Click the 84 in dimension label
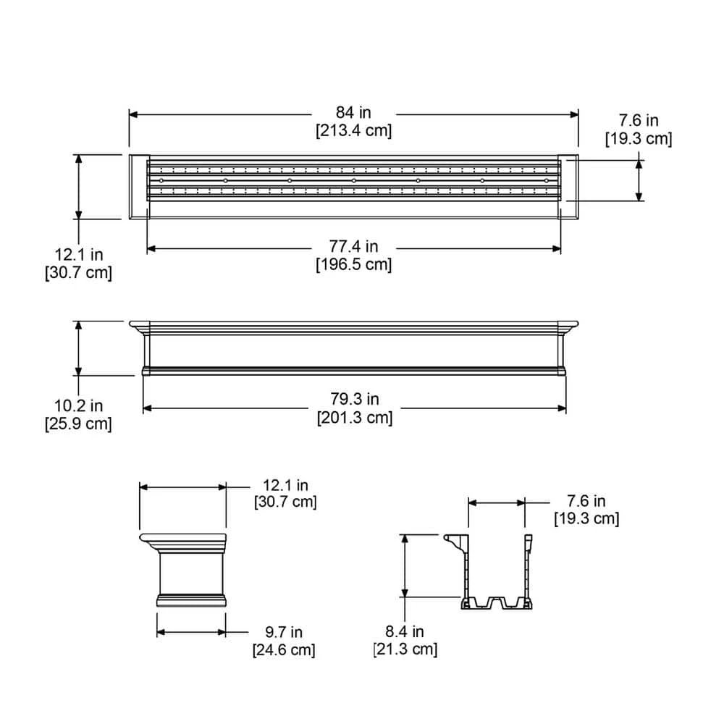tap(353, 112)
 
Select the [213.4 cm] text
tap(353, 131)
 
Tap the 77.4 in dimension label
tap(354, 247)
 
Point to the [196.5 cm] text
tap(354, 265)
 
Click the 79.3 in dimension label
tap(354, 399)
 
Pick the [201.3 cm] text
tap(354, 418)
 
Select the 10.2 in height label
tap(78, 406)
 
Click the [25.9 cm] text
tap(78, 424)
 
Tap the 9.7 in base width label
tap(283, 632)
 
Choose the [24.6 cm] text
tap(283, 650)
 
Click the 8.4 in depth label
tap(405, 632)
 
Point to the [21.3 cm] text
tap(405, 650)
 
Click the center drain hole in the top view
tap(353, 180)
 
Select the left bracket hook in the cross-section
tap(453, 541)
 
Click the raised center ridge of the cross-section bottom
tap(497, 600)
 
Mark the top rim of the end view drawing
tap(182, 537)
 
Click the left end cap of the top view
tap(138, 186)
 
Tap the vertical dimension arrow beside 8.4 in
tap(405, 565)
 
